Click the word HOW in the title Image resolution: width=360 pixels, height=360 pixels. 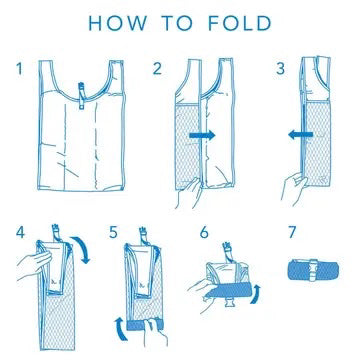tap(118, 23)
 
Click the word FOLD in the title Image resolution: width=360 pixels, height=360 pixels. tap(240, 23)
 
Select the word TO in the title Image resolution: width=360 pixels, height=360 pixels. tap(178, 23)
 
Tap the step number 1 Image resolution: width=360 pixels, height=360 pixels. tap(20, 68)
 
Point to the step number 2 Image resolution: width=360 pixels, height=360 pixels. tap(157, 68)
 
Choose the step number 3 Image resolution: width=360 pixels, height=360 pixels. tap(281, 68)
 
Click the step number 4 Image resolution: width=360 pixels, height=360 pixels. tap(20, 232)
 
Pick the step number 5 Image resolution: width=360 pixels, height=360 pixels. tap(113, 232)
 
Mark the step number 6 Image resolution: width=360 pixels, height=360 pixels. tap(204, 232)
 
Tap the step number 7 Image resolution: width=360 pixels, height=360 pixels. tap(292, 232)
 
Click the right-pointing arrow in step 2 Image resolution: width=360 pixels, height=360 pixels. tap(202, 135)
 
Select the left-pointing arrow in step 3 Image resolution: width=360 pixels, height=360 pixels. tap(301, 135)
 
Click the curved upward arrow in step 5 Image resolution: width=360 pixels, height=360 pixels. tap(119, 328)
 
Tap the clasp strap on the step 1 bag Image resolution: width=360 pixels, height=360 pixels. tap(81, 96)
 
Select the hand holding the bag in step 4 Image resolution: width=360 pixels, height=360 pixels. tap(34, 266)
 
